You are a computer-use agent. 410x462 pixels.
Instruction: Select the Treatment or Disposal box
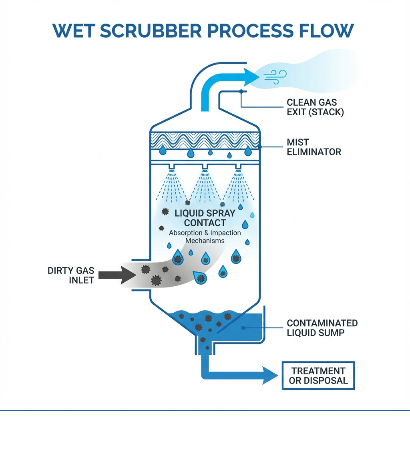coord(318,376)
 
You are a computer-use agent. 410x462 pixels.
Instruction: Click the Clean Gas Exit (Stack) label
coord(315,107)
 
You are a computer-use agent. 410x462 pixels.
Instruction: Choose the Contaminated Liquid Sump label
coord(322,327)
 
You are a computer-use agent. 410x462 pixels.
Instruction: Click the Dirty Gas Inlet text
coord(71,275)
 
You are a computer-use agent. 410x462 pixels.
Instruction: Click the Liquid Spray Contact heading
coord(205,218)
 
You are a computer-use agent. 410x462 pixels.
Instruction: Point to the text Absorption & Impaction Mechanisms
coord(205,237)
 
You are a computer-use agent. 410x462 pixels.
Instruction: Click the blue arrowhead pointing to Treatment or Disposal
coord(270,375)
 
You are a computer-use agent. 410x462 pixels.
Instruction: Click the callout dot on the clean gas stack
coord(241,92)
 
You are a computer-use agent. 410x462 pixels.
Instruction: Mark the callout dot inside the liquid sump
coord(243,327)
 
